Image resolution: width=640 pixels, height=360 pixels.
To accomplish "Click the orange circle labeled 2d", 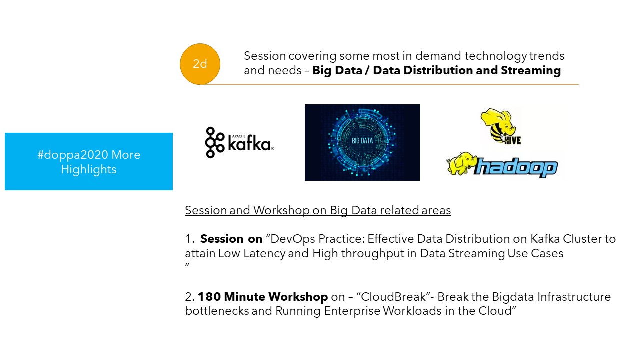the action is coord(200,64).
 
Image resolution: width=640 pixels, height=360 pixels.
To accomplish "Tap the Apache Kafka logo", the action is coord(239,143).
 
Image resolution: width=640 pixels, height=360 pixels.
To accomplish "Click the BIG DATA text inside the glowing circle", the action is coord(362,141).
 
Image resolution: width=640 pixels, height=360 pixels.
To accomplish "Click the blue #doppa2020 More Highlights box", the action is coord(89,161).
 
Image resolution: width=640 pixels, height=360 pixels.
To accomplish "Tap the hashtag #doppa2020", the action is coord(73,155).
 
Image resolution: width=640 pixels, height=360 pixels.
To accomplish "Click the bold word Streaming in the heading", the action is coord(531,70).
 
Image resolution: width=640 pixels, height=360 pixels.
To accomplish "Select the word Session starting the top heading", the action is coord(265,56).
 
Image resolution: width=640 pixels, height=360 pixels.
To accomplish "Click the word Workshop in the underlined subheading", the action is coord(281,210).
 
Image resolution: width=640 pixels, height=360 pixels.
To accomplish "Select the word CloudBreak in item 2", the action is coord(393,297).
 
